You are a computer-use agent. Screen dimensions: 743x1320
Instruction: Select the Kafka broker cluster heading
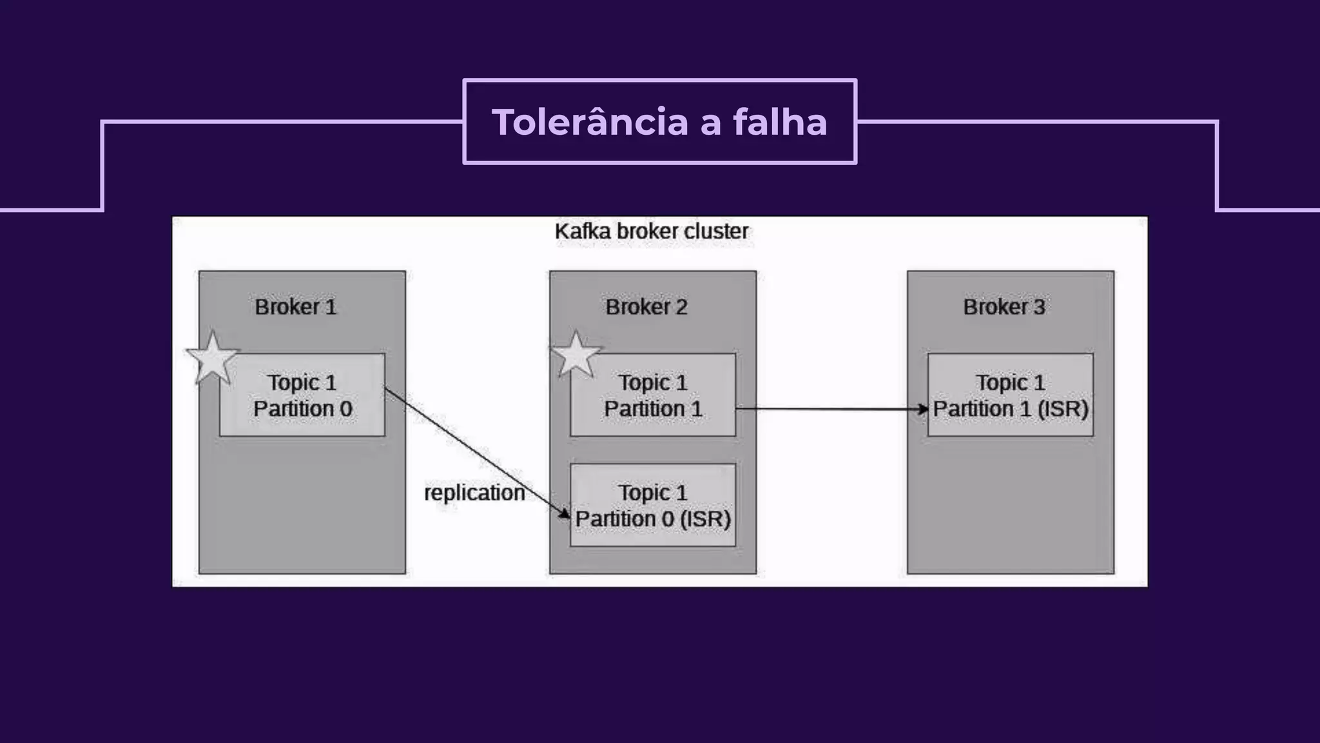tap(652, 232)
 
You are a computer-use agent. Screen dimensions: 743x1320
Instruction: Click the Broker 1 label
tap(296, 307)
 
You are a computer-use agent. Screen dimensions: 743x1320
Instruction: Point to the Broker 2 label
tap(646, 307)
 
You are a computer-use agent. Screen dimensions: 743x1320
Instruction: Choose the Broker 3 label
tap(1004, 307)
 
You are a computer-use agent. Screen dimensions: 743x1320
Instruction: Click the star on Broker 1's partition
tap(212, 358)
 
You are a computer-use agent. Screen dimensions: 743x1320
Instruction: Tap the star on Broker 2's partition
tap(576, 355)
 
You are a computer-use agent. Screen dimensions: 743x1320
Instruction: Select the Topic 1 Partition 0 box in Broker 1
tap(302, 395)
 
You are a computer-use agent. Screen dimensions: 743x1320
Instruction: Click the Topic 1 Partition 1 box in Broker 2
tap(653, 395)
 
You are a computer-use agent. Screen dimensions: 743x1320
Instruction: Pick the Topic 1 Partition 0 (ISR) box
tap(653, 506)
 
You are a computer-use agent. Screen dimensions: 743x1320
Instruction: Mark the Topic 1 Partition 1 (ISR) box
tap(1011, 395)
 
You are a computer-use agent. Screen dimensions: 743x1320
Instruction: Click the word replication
tap(474, 493)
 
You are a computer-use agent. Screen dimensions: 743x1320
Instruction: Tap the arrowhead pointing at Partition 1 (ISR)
tap(923, 409)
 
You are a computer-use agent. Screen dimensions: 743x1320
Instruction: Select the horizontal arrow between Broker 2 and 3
tap(831, 409)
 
